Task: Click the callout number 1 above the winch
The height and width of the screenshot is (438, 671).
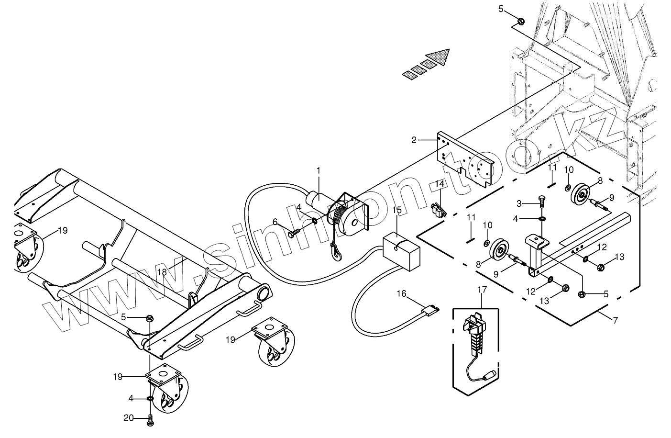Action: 319,170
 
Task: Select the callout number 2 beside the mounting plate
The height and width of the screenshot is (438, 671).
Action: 414,140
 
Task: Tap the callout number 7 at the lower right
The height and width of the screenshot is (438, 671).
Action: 615,320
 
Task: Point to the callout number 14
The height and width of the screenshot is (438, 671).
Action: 440,183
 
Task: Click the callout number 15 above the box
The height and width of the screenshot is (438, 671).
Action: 397,210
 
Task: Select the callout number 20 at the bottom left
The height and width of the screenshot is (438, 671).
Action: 129,418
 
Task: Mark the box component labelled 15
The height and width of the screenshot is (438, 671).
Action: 402,251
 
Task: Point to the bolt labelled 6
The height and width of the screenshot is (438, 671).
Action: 294,233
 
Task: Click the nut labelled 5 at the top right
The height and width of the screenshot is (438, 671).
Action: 522,21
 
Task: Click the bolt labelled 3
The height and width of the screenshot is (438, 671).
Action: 542,201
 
